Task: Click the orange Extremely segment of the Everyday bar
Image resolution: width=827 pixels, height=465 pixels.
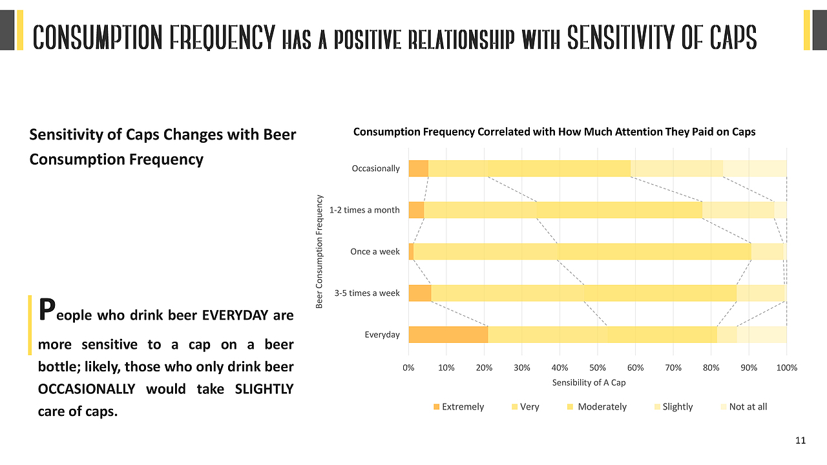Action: click(x=448, y=335)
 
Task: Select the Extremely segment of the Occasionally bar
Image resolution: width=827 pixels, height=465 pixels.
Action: click(x=418, y=169)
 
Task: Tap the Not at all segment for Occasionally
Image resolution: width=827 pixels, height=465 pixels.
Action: click(x=754, y=169)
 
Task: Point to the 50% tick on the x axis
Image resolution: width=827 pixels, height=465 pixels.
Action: click(x=598, y=367)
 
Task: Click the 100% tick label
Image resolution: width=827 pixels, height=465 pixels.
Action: click(x=786, y=367)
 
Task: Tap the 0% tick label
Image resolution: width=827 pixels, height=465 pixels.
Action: click(x=408, y=367)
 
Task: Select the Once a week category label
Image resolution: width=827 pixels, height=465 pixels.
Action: click(x=375, y=251)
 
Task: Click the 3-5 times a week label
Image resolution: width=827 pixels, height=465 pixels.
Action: click(x=367, y=293)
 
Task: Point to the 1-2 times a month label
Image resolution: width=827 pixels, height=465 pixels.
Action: click(x=364, y=210)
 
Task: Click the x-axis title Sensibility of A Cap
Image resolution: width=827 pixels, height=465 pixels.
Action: click(x=589, y=382)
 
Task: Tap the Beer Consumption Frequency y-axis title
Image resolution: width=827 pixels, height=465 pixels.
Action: click(x=319, y=251)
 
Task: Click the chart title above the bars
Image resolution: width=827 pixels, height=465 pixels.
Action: click(x=554, y=132)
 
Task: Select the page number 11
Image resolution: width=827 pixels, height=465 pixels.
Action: click(x=801, y=441)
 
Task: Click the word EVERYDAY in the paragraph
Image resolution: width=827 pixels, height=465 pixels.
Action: click(x=233, y=316)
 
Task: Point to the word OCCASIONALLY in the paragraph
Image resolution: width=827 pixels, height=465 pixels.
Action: click(x=87, y=389)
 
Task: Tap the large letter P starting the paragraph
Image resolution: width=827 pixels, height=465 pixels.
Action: click(x=46, y=310)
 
